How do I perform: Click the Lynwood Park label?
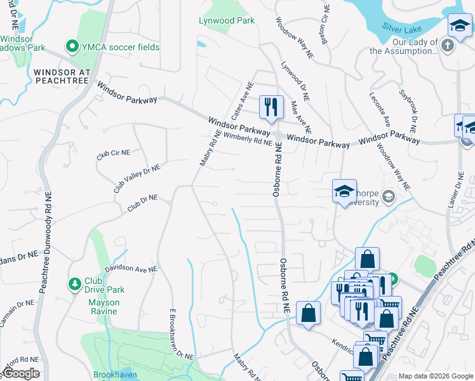tap(227, 20)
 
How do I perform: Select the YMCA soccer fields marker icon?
tap(72, 47)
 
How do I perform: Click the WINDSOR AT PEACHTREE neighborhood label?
tap(63, 76)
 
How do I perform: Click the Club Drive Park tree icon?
tap(75, 283)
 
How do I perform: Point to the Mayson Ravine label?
tap(103, 307)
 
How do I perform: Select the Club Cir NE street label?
tap(113, 154)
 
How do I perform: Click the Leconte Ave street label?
tap(379, 109)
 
